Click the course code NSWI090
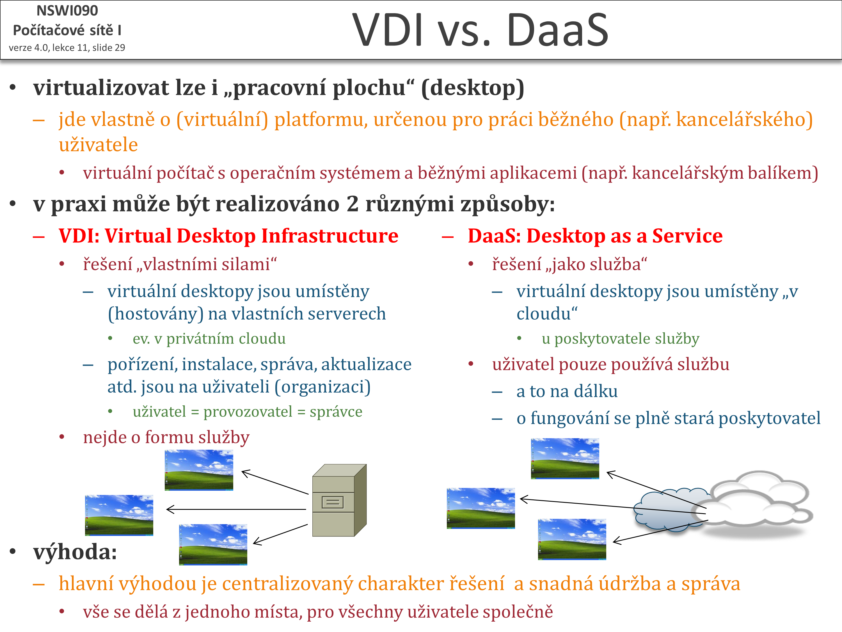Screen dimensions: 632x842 click(67, 11)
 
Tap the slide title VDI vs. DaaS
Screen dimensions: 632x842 click(481, 30)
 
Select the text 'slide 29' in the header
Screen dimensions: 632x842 click(109, 48)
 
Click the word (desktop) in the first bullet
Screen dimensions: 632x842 click(472, 88)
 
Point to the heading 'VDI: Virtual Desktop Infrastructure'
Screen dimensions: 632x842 click(228, 236)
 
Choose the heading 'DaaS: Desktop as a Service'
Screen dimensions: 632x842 click(595, 236)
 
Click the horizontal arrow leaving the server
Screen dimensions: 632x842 click(236, 509)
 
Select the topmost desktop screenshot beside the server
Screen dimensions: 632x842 click(199, 470)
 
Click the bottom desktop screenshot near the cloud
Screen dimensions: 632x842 click(572, 539)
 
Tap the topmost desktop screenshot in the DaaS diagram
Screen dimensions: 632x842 click(565, 458)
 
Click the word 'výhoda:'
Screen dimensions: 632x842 click(75, 552)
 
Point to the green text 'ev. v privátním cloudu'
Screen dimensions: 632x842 click(209, 339)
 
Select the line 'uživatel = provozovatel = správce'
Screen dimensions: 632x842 click(248, 412)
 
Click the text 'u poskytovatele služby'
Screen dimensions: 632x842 click(621, 339)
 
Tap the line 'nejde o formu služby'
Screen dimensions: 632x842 click(166, 437)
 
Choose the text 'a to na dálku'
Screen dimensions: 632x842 click(567, 392)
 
